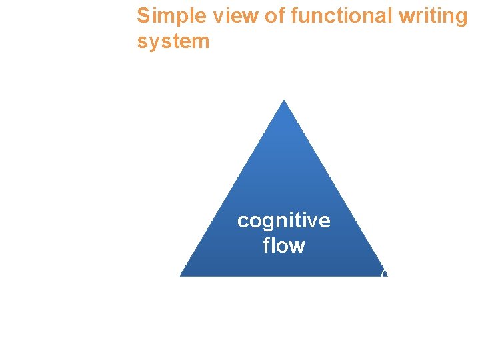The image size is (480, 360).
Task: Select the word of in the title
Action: click(275, 16)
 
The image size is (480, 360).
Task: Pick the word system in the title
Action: click(173, 42)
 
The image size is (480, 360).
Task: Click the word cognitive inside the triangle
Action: click(283, 221)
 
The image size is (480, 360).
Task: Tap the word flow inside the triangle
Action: click(284, 245)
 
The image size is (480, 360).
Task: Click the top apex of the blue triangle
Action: click(284, 101)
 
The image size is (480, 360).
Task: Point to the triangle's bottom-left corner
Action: click(181, 275)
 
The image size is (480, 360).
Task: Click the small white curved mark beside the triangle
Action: click(383, 273)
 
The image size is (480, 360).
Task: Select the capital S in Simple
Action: click(143, 16)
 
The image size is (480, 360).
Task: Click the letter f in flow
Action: click(267, 245)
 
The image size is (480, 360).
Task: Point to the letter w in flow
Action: click(297, 246)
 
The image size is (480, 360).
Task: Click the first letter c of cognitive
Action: click(243, 221)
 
